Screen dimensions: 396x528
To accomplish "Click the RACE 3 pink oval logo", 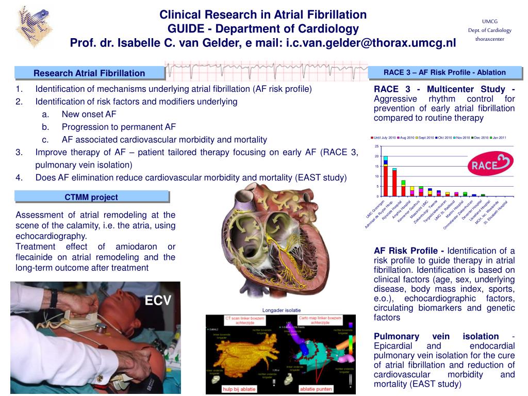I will (490, 163).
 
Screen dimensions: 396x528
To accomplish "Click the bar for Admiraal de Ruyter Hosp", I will (394, 183).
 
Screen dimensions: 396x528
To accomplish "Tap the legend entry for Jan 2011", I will (498, 138).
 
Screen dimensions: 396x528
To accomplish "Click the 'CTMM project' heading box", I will (91, 197).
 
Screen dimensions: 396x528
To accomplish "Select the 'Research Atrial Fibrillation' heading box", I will (89, 73).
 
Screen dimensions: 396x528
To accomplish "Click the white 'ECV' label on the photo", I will (157, 301).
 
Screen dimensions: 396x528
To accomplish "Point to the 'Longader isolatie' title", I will (282, 310).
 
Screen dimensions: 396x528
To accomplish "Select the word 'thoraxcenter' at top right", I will (489, 39).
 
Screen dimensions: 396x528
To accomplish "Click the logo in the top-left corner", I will (34, 26).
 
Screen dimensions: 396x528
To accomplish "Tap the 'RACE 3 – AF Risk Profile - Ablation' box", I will (444, 72).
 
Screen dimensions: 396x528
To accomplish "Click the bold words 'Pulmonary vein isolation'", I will (436, 336).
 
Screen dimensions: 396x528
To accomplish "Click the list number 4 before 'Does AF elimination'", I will (19, 177).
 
